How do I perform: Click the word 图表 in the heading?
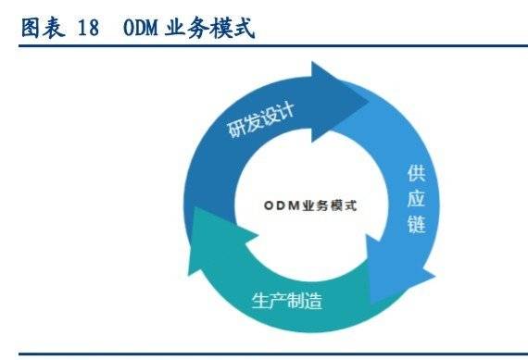tap(41, 29)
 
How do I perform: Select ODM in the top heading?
tap(140, 29)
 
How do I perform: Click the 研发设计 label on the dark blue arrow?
tap(261, 120)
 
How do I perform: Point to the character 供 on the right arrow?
tap(416, 174)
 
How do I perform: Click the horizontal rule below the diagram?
tap(264, 352)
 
